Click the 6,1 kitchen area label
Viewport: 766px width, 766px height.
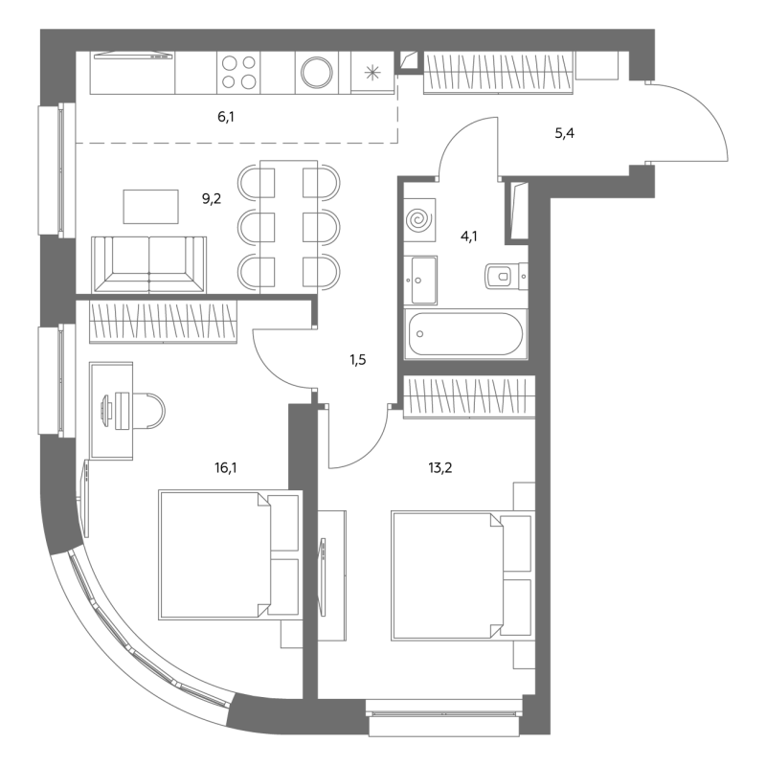(226, 117)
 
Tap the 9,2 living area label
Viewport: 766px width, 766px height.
(212, 198)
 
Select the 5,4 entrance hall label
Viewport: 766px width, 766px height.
(564, 133)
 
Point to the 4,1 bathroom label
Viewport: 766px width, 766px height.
(469, 237)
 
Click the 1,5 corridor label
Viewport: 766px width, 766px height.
(357, 360)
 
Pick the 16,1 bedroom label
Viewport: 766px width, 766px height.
(226, 468)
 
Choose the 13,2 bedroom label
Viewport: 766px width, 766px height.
(440, 468)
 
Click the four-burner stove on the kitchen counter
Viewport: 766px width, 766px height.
(238, 73)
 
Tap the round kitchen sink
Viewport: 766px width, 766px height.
(317, 73)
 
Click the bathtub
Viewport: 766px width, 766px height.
(465, 334)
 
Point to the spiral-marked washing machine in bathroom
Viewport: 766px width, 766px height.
(419, 220)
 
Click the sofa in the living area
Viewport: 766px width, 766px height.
(149, 265)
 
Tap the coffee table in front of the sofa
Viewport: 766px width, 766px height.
(150, 207)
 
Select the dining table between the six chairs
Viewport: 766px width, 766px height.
(289, 227)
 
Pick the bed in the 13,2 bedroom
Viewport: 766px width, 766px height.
(462, 575)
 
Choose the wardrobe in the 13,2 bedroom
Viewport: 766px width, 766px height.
(469, 397)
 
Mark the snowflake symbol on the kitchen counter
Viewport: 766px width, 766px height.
(372, 73)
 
